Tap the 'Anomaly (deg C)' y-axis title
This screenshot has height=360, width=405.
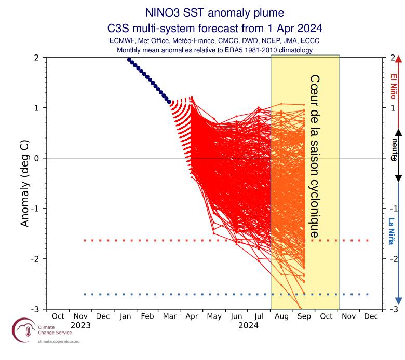coord(24,183)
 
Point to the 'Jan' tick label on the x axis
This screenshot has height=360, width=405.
coord(125,316)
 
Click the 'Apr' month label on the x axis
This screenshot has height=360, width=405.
coord(192,316)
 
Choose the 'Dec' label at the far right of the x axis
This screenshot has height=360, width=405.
coord(371,316)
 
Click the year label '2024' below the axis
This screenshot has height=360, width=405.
coord(248,326)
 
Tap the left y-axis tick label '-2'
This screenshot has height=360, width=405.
coord(35,259)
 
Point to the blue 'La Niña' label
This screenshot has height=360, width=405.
coord(392,231)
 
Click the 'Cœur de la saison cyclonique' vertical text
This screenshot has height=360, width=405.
coord(314,156)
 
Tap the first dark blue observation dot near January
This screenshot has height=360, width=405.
coord(129,60)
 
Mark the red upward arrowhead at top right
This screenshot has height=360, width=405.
coord(398,60)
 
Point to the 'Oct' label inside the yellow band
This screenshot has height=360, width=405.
coord(327,316)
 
